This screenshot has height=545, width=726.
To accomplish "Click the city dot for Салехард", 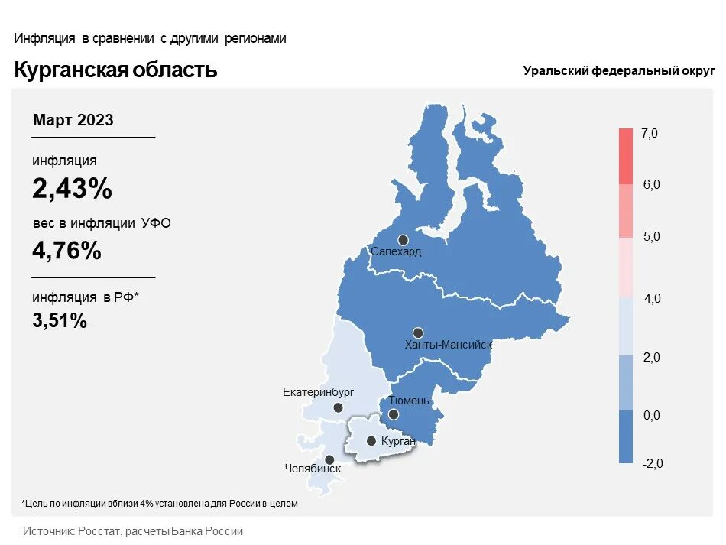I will pyautogui.click(x=403, y=240).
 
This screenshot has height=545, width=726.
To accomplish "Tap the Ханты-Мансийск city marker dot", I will pyautogui.click(x=418, y=333).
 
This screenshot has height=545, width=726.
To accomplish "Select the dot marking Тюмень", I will pyautogui.click(x=393, y=414).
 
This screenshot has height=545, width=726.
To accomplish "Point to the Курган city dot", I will pyautogui.click(x=371, y=441).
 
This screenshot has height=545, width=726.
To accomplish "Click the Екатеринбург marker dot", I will pyautogui.click(x=339, y=407).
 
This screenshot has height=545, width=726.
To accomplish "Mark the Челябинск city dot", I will pyautogui.click(x=330, y=459).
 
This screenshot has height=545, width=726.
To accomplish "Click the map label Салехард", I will pyautogui.click(x=395, y=251).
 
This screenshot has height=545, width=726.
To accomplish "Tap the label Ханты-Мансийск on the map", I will pyautogui.click(x=448, y=345).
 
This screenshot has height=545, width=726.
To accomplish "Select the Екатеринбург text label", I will pyautogui.click(x=319, y=392).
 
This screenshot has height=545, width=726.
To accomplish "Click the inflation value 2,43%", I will pyautogui.click(x=72, y=189).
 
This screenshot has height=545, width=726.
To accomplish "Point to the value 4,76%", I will pyautogui.click(x=66, y=250).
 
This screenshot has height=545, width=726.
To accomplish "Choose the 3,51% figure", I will pyautogui.click(x=60, y=320).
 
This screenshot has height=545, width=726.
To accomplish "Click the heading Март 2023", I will pyautogui.click(x=73, y=120).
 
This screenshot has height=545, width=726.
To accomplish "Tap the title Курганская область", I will pyautogui.click(x=116, y=70).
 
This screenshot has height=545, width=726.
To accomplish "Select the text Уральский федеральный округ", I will pyautogui.click(x=619, y=70).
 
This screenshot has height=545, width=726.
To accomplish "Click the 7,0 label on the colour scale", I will pyautogui.click(x=650, y=134).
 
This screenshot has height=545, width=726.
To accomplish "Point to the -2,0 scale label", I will pyautogui.click(x=653, y=463).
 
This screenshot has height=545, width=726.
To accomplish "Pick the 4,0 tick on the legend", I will pyautogui.click(x=652, y=299).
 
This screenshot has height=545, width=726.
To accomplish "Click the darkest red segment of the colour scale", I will pyautogui.click(x=626, y=156).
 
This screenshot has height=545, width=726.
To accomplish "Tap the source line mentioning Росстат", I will pyautogui.click(x=133, y=531).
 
